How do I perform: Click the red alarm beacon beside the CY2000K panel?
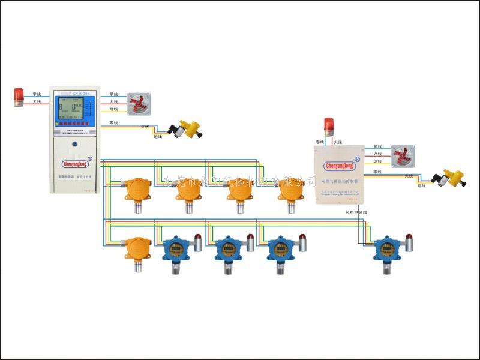(x=19, y=97)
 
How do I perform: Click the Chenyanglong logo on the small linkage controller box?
(x=339, y=165)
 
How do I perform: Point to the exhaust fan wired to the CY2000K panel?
(x=139, y=103)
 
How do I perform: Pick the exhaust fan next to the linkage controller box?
(x=401, y=155)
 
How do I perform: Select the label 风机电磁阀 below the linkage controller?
(x=359, y=212)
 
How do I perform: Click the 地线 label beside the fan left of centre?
(x=113, y=110)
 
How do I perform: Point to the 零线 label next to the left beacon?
(x=37, y=94)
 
